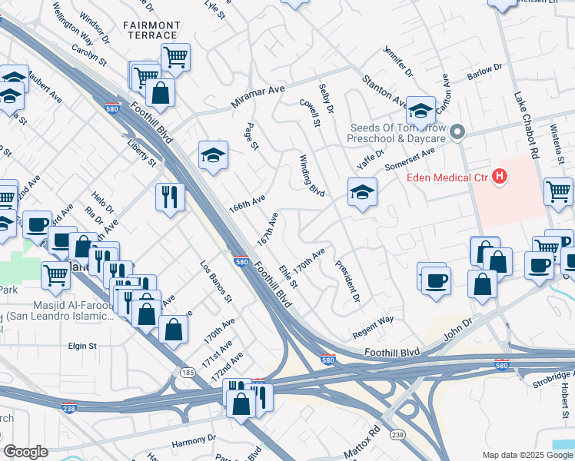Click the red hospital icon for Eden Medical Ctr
500,177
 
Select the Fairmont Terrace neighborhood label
151,30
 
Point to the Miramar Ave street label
259,98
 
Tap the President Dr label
347,281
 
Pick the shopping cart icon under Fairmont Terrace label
175,56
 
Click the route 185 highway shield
186,372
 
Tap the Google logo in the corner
26,452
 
